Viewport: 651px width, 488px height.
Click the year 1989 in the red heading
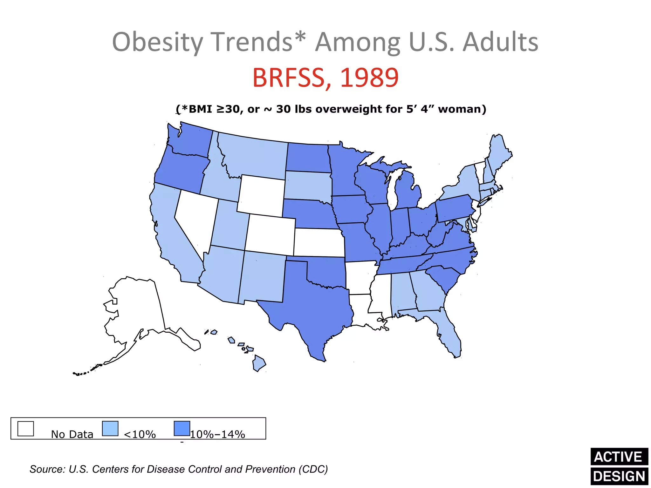click(x=369, y=78)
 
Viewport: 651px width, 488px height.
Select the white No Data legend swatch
click(x=25, y=429)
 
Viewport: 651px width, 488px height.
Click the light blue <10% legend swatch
click(x=110, y=429)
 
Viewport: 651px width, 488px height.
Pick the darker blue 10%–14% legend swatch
click(x=182, y=429)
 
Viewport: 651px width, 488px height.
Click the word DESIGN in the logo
click(x=619, y=477)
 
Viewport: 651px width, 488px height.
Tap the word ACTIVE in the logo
click(x=619, y=457)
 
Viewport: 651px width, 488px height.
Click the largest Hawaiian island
click(x=259, y=364)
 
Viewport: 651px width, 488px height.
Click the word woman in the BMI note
click(x=462, y=109)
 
